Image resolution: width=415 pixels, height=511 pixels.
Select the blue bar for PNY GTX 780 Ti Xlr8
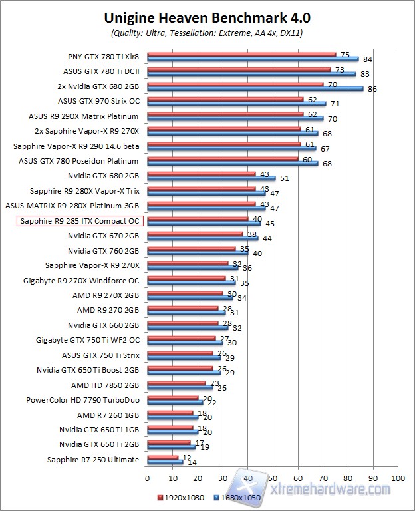coord(253,59)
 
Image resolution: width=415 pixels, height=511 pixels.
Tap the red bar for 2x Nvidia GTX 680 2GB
coord(235,84)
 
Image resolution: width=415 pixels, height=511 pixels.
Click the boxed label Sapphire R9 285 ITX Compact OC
coord(79,221)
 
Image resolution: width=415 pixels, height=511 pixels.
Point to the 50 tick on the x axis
coord(273,478)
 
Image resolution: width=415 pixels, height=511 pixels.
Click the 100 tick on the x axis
coord(398,478)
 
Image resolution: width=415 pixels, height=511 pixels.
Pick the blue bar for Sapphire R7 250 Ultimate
coord(165,462)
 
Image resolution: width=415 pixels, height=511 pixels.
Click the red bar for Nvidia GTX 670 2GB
coord(195,234)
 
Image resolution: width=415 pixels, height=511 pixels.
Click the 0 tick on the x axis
coord(148,478)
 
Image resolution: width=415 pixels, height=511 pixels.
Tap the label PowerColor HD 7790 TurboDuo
coord(82,401)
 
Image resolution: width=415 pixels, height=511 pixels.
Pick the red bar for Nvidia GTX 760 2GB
coord(192,249)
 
